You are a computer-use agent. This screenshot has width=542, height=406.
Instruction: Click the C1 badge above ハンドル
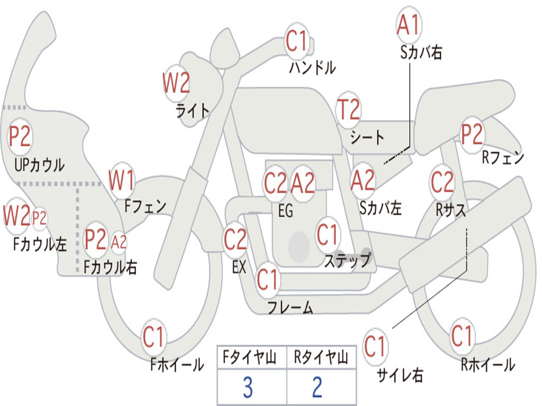[297, 41]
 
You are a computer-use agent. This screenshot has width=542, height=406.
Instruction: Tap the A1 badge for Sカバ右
[408, 25]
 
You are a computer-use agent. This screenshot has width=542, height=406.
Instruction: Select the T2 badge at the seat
[348, 110]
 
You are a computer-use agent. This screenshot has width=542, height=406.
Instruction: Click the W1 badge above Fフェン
[122, 180]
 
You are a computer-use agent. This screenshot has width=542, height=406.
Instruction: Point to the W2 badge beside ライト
[176, 83]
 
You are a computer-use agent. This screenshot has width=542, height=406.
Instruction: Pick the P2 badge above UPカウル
[20, 137]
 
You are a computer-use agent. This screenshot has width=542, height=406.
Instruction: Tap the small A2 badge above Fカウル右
[119, 242]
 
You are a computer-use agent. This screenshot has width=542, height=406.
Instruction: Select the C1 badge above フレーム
[268, 279]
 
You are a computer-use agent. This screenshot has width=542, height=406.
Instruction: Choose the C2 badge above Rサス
[442, 182]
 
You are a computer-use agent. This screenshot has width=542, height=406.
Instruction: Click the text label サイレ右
[400, 375]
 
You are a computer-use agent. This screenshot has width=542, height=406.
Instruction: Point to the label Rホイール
[487, 364]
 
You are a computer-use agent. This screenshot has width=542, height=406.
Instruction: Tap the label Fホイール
[177, 364]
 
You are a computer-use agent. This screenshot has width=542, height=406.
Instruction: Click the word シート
[367, 137]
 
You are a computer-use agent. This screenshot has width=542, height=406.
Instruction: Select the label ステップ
[347, 261]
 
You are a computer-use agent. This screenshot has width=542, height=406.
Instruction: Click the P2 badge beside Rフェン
[472, 134]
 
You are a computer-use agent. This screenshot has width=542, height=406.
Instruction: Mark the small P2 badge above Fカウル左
[40, 218]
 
